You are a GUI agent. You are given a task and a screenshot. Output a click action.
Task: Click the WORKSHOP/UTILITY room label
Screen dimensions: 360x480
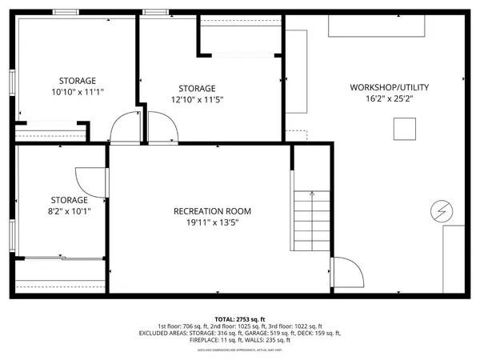tap(381, 87)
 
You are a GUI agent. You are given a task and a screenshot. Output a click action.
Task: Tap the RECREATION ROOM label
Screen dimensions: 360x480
tap(213, 211)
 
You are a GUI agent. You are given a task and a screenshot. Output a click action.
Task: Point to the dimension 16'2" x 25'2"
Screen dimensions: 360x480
tap(382, 98)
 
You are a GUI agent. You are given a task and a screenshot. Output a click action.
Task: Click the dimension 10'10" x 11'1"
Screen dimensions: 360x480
tap(78, 92)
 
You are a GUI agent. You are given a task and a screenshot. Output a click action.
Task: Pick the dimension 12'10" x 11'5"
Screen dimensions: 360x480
tap(196, 100)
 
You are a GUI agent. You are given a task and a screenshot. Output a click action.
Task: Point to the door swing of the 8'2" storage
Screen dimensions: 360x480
tap(86, 181)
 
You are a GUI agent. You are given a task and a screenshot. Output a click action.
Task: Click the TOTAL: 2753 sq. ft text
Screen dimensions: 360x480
tap(240, 318)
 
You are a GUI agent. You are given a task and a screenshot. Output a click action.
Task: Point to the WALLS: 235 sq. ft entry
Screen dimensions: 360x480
tap(259, 340)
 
